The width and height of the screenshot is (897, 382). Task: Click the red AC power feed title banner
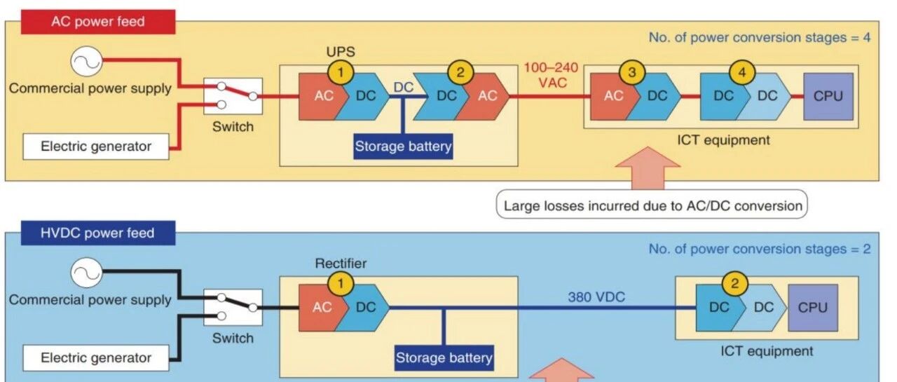point(97,22)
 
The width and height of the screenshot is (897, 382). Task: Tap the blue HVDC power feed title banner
point(97,233)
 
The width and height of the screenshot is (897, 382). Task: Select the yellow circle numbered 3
point(631,71)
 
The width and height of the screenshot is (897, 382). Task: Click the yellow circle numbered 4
point(741,71)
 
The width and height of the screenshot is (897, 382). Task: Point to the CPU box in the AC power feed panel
point(828,96)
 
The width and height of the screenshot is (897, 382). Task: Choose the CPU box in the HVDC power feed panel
point(812,307)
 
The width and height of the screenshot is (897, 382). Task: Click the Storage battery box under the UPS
point(403,146)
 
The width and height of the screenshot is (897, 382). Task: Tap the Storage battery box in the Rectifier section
point(444,358)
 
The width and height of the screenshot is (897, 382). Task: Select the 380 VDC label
point(596,296)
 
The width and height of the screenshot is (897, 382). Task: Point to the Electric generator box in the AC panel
point(96,146)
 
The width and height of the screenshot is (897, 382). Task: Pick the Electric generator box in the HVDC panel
point(96,357)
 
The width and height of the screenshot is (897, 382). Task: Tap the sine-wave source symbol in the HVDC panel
point(86,273)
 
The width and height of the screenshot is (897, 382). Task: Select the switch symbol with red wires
point(233,96)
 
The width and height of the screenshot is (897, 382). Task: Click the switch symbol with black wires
point(233,307)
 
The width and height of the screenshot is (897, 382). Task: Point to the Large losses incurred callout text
point(652,206)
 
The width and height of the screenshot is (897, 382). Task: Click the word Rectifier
point(341,264)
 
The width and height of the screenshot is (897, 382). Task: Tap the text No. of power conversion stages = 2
point(759,249)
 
